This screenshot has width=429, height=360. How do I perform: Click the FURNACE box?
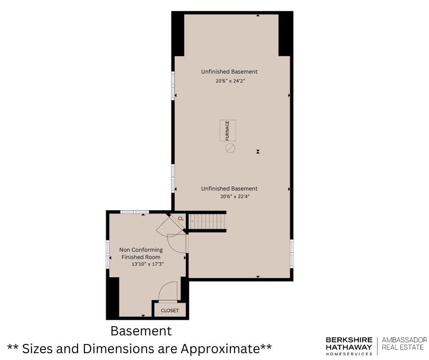coord(228,130)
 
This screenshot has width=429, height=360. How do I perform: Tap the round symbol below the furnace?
coord(230,148)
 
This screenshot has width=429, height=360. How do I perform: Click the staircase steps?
coord(207,221)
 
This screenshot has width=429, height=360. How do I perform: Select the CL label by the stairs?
coord(181,219)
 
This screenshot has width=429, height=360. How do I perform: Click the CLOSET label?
coord(170,310)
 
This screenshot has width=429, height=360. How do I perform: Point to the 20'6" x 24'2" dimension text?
coord(229,81)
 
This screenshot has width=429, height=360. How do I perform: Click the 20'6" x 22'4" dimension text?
coord(235,196)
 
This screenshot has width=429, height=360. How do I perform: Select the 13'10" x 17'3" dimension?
coord(148,264)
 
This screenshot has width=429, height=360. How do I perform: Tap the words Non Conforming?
coord(141,250)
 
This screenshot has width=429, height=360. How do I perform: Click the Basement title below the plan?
coord(141,331)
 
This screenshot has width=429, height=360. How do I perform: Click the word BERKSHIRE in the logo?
coord(349,340)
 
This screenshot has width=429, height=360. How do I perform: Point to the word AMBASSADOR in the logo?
coord(404,340)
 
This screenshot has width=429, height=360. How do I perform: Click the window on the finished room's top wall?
coord(135,212)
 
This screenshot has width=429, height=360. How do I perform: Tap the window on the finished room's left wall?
coord(108,254)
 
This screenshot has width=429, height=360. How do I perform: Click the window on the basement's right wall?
coord(292,254)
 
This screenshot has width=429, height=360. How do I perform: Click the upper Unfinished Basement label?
coord(229,72)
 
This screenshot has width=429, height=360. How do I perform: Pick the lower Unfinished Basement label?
coord(229,189)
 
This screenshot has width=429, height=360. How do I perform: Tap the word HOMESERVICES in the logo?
coord(349,354)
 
